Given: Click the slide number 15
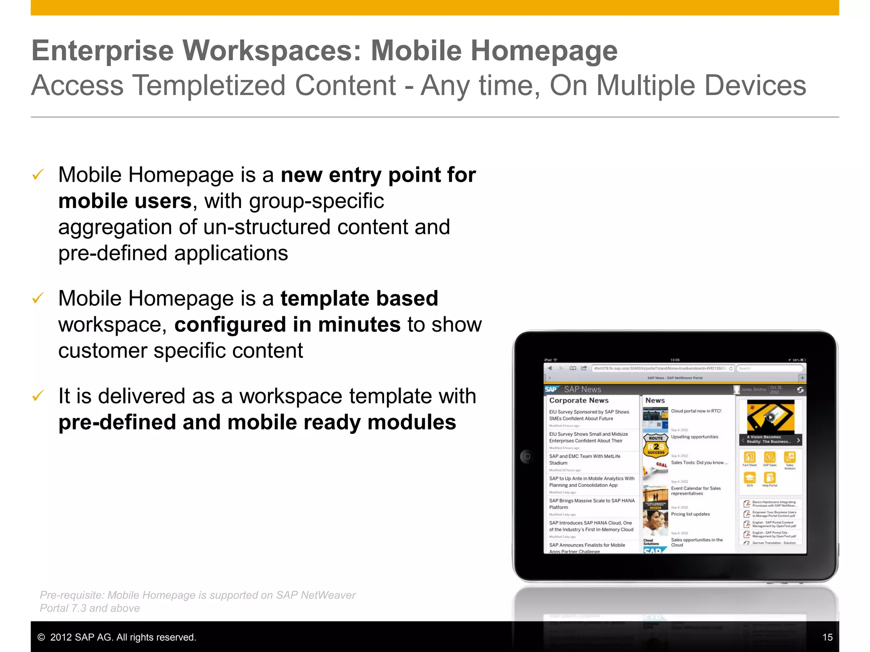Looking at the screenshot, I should tap(827, 637).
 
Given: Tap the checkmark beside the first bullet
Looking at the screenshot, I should tap(38, 174).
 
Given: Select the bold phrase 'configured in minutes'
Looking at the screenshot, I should tap(287, 325).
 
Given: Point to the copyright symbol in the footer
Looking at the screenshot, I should tap(41, 637).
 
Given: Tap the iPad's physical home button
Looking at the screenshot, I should tap(527, 457).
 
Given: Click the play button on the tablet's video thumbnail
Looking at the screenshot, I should tap(770, 417).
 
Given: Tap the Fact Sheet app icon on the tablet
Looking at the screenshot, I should tap(749, 458).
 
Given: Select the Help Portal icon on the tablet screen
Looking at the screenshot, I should tap(769, 478).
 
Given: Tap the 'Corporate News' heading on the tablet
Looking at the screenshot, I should tap(579, 400).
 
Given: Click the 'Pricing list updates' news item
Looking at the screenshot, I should tap(690, 514).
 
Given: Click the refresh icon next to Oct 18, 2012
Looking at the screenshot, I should tap(800, 390).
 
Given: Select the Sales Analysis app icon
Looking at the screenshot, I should tap(790, 457).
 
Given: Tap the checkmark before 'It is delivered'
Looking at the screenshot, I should tap(38, 396).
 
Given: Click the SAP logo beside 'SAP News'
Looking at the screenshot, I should tap(551, 389).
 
